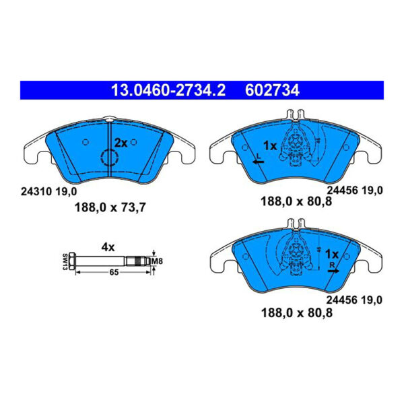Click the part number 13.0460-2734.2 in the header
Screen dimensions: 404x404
point(155,89)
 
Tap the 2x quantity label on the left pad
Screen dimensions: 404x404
point(120,143)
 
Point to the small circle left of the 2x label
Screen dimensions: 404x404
point(85,142)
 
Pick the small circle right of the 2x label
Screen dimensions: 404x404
point(134,142)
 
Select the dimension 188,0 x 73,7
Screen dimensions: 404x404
point(109,207)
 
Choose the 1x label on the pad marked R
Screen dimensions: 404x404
point(331,255)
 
